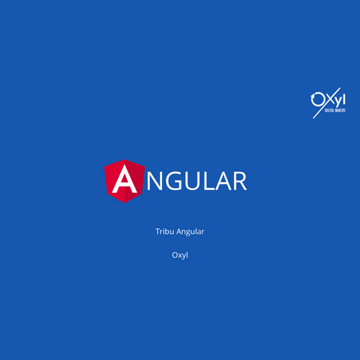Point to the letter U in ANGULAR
pyautogui.click(x=188, y=181)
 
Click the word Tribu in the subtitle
pyautogui.click(x=164, y=231)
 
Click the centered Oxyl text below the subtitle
pyautogui.click(x=180, y=255)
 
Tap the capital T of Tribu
pyautogui.click(x=157, y=231)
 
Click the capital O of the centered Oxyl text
pyautogui.click(x=175, y=255)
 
